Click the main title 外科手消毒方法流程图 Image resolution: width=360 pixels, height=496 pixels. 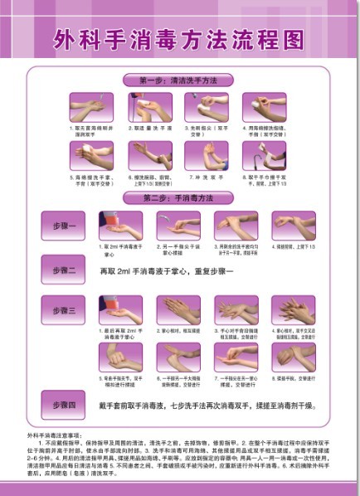(x=179, y=39)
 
